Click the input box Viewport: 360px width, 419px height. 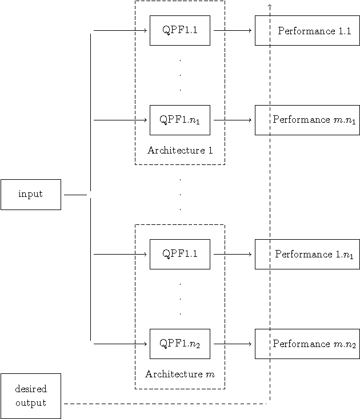point(31,195)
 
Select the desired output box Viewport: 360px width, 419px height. point(31,396)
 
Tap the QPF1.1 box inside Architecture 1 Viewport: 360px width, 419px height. point(179,30)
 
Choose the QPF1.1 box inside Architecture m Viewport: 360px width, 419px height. point(179,254)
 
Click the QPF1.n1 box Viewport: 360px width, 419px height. point(179,120)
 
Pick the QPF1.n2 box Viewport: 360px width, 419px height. point(179,344)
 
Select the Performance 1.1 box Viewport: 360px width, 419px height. point(307,30)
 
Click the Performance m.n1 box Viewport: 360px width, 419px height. point(307,120)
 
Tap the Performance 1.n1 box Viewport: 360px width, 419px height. point(307,254)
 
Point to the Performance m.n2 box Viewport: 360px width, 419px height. point(307,344)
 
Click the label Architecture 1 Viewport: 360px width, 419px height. point(179,151)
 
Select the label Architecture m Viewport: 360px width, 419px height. point(179,374)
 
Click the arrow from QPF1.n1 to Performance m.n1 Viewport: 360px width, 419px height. point(232,120)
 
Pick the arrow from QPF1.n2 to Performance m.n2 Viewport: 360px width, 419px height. point(232,344)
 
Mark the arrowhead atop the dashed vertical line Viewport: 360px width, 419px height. point(269,5)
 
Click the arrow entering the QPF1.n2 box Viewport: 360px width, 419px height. point(120,344)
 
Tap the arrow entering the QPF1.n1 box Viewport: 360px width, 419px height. point(120,120)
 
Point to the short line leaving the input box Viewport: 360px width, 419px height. point(75,195)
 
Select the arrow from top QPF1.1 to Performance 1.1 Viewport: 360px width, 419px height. point(232,30)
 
